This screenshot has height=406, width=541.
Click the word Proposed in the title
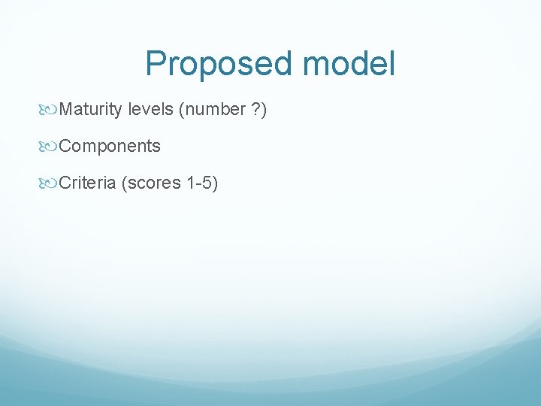[219, 64]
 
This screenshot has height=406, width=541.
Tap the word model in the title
[348, 64]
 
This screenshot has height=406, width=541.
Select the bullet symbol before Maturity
[50, 110]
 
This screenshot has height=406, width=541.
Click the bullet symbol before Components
[50, 147]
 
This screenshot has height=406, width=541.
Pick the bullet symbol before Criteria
[50, 183]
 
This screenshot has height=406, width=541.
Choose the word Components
[110, 146]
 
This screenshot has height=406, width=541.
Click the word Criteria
[87, 183]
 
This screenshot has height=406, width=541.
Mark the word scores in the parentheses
[153, 183]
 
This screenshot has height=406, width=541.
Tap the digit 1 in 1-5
[189, 183]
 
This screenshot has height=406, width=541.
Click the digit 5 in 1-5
[207, 183]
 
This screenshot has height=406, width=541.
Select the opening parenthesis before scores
[124, 183]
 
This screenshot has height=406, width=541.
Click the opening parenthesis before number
[181, 110]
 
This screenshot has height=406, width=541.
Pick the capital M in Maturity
[65, 110]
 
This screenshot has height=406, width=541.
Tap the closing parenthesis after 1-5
[215, 183]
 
